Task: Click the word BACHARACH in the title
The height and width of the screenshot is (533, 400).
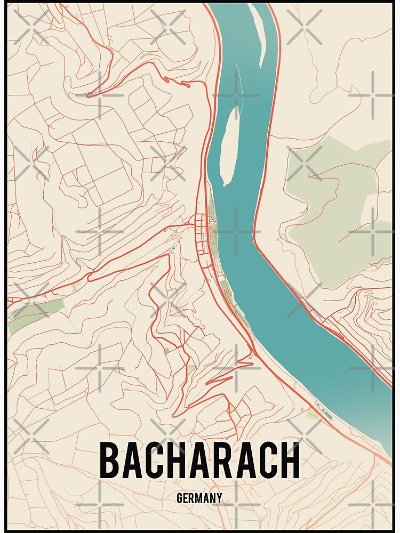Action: [199, 461]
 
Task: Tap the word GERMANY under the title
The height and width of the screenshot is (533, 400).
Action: [199, 499]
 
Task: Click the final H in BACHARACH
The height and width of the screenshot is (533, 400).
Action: [290, 461]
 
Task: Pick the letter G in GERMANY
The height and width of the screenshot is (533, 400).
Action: [180, 499]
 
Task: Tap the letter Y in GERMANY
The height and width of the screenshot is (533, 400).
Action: [219, 499]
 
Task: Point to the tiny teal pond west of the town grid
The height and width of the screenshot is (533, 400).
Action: [173, 249]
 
